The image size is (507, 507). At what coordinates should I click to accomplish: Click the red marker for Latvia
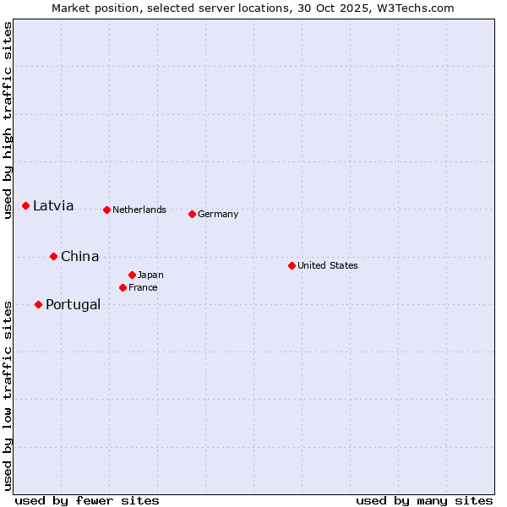[x=26, y=206]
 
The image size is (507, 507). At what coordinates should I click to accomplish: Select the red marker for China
[x=54, y=256]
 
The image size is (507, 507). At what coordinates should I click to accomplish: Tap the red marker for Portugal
[x=39, y=304]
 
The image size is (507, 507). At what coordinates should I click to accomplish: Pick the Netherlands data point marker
[x=107, y=210]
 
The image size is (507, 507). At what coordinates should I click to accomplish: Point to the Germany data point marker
[x=193, y=214]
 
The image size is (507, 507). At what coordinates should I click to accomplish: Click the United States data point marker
[x=292, y=265]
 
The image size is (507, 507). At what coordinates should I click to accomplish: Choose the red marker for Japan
[x=133, y=275]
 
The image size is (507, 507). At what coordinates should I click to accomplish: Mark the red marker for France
[x=123, y=287]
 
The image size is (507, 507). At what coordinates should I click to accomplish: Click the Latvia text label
[x=53, y=206]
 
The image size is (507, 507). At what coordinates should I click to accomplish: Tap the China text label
[x=79, y=256]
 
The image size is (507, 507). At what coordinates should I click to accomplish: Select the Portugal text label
[x=73, y=304]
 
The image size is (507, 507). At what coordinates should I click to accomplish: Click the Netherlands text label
[x=139, y=210]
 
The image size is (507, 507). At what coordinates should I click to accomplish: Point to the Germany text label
[x=218, y=214]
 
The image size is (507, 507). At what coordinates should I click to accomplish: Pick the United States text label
[x=328, y=265]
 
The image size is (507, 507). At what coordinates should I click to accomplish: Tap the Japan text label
[x=150, y=275]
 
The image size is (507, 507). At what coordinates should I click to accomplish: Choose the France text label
[x=143, y=287]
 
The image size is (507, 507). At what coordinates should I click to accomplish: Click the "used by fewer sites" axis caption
[x=87, y=500]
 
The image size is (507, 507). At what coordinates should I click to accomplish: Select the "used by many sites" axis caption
[x=424, y=500]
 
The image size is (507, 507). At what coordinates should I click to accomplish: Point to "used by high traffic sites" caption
[x=8, y=120]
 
